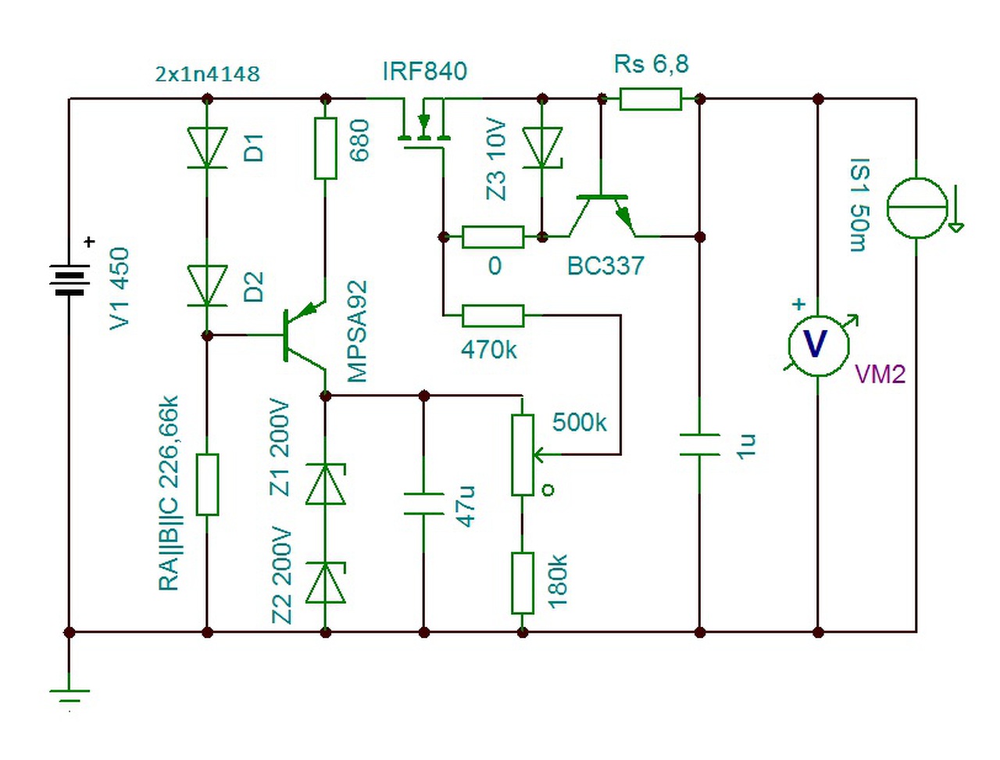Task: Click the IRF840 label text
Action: (x=424, y=71)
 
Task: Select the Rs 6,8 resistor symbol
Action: (x=650, y=99)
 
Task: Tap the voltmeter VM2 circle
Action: (x=818, y=346)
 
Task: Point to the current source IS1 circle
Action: (x=916, y=207)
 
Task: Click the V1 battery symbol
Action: (x=70, y=279)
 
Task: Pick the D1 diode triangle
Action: (x=207, y=148)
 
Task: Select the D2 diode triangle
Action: (x=207, y=286)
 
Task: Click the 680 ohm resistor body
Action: (x=325, y=149)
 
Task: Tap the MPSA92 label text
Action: (x=357, y=332)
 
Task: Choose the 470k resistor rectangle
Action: (x=493, y=315)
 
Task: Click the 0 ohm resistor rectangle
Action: (x=493, y=237)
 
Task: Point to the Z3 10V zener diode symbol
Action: (x=542, y=148)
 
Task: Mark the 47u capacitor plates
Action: (x=423, y=504)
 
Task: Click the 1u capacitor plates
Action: (x=700, y=445)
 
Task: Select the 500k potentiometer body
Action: (x=523, y=454)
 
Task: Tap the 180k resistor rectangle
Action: (x=523, y=583)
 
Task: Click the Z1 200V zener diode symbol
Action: (x=325, y=484)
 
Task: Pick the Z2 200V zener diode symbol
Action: (x=325, y=583)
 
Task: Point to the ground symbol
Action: (x=70, y=696)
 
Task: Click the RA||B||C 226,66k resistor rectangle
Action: (x=207, y=484)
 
